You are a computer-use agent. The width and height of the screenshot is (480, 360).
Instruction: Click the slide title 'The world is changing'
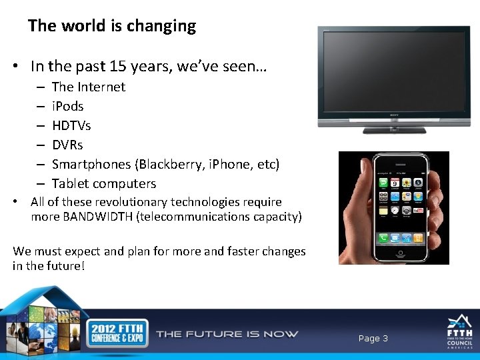[x=112, y=26]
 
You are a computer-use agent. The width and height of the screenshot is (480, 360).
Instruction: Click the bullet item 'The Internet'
[x=88, y=87]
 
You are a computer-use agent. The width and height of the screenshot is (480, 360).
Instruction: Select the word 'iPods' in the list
[x=67, y=106]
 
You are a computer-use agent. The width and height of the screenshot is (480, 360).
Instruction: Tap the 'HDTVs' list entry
[x=71, y=125]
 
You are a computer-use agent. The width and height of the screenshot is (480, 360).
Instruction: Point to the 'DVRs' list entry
[x=67, y=145]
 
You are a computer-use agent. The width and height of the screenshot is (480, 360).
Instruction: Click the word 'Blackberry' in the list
[x=154, y=164]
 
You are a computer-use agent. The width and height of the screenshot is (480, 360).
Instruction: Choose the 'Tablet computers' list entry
[x=104, y=183]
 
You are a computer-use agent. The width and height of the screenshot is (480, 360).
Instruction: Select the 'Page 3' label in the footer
[x=373, y=339]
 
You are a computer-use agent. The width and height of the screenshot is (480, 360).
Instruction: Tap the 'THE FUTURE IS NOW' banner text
[x=227, y=334]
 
